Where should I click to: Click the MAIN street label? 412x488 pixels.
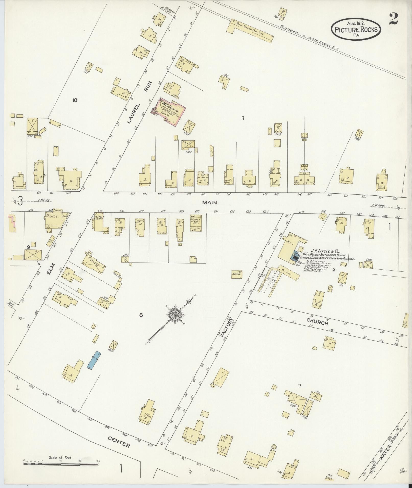click(209, 203)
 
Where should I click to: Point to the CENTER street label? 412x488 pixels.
click(119, 443)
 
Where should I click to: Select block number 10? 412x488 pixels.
click(75, 100)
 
